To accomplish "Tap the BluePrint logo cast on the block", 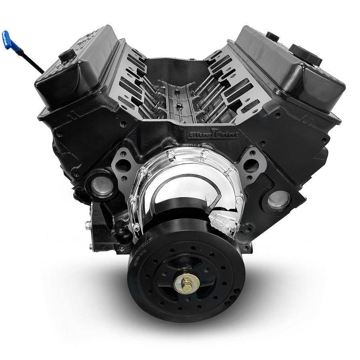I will [x=213, y=134].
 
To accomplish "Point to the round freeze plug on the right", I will [x=278, y=200].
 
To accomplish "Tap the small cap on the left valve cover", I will [x=66, y=55].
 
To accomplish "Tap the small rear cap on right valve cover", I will [x=272, y=36].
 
